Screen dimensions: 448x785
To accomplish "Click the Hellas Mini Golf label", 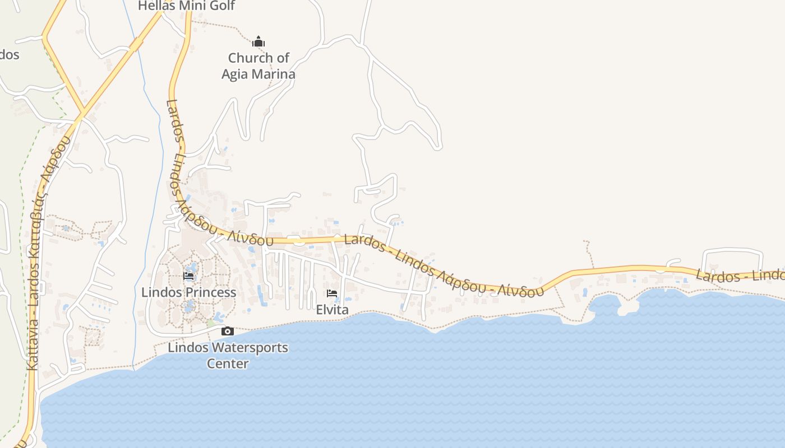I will pos(186,6).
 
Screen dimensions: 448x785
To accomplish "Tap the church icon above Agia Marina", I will pos(258,41).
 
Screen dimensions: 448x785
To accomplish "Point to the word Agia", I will pos(235,74).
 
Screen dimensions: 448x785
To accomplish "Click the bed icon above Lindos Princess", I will pos(188,276).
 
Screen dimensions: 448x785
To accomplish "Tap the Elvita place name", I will pos(332,310).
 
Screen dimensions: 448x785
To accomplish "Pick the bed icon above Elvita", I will pos(332,293).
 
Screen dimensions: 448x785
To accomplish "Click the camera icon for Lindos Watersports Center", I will pos(227,331).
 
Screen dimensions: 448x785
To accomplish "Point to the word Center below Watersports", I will pos(228,363).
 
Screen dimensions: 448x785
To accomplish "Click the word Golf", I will pos(223,6).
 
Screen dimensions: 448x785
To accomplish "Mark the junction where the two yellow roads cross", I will pos(82,113).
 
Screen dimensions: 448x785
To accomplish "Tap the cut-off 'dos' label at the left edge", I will pos(9,55).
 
